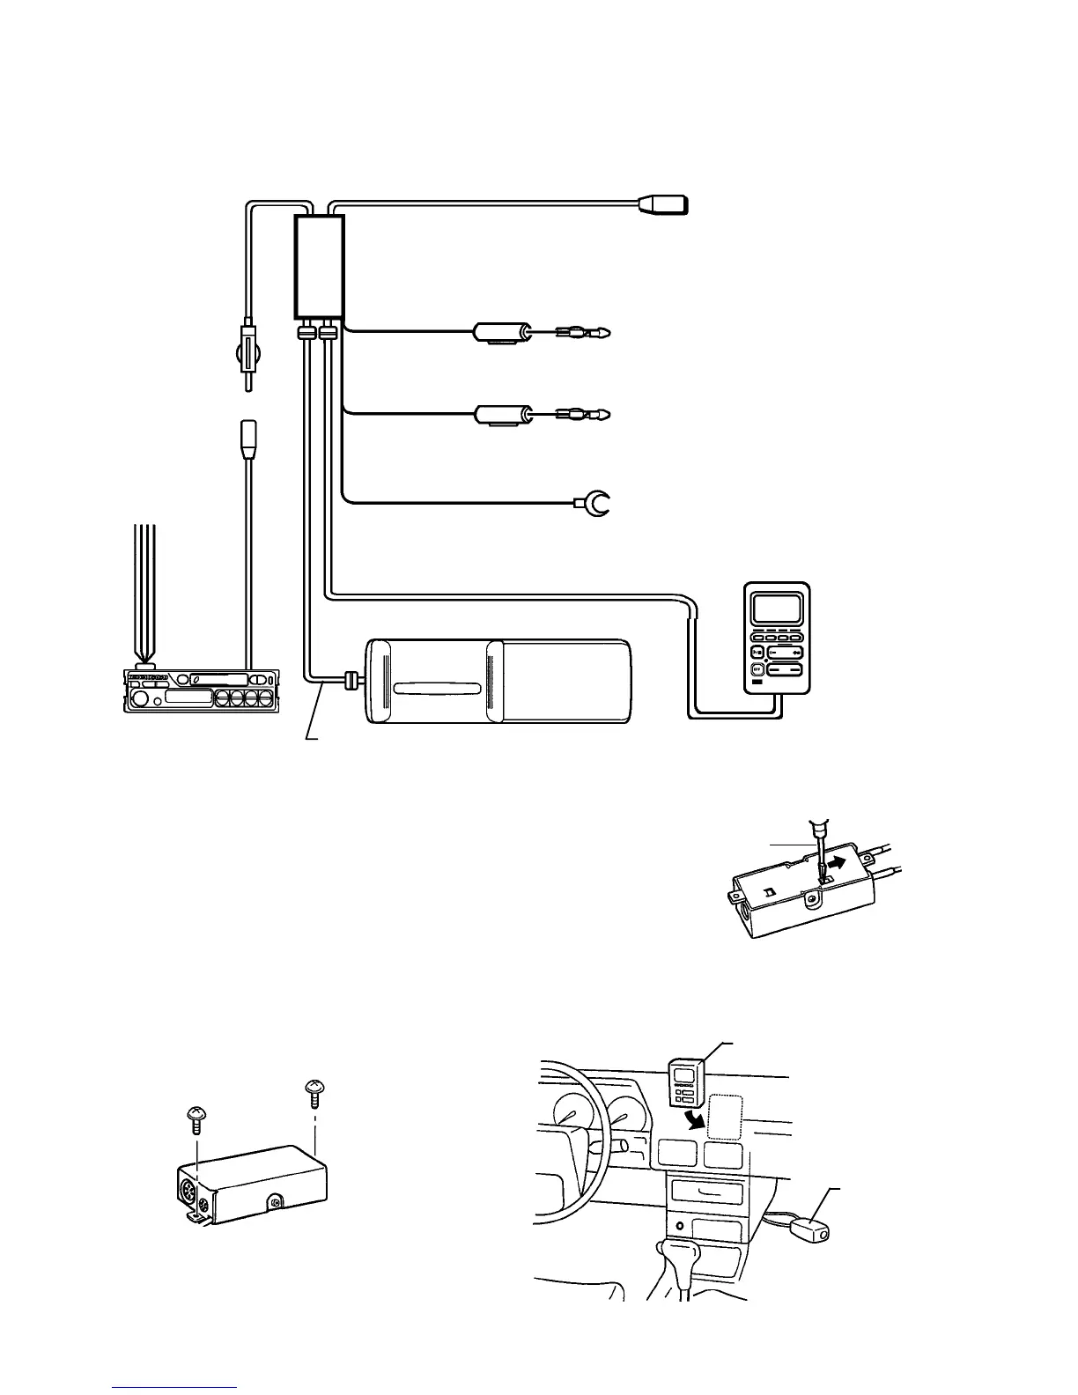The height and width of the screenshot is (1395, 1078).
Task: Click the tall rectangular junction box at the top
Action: tap(318, 266)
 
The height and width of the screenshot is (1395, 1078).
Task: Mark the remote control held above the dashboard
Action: tap(686, 1081)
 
